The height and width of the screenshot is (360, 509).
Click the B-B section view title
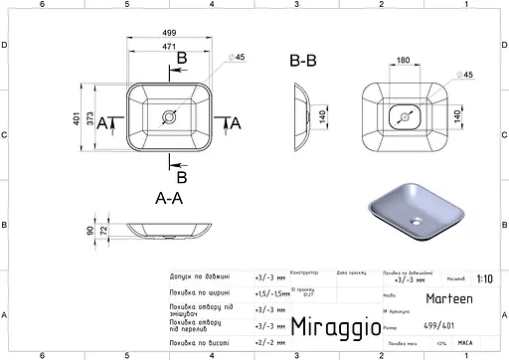pos(305,62)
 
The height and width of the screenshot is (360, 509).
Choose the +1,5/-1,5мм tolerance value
pos(269,293)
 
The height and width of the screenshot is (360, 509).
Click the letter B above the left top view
pos(181,60)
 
